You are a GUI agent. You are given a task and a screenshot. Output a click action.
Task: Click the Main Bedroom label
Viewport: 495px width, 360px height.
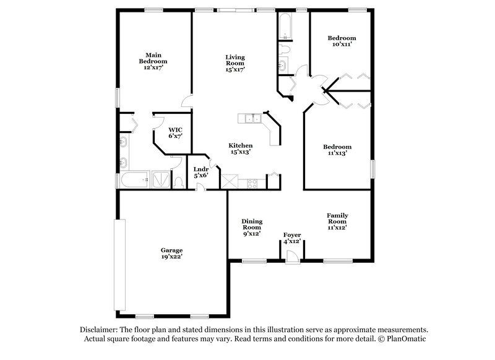(152, 62)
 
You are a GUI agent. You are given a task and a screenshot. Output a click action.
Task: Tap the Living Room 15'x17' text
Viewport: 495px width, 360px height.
(235, 63)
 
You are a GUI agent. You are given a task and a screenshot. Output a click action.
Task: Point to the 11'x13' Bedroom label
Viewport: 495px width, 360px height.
(337, 150)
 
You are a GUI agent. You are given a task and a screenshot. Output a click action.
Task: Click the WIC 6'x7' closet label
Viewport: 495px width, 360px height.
(175, 132)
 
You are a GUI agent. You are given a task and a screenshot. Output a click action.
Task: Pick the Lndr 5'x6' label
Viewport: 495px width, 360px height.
(200, 172)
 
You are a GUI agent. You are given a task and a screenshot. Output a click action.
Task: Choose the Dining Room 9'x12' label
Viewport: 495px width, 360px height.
(251, 227)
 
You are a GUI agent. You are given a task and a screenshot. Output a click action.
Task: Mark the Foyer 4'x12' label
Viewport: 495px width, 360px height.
(291, 238)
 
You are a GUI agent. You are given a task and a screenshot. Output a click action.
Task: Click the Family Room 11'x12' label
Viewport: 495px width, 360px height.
(337, 221)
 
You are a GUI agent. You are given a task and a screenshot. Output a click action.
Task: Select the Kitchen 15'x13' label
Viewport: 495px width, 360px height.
(241, 148)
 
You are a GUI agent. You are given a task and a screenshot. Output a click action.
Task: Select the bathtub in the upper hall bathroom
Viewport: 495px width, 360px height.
(285, 26)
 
